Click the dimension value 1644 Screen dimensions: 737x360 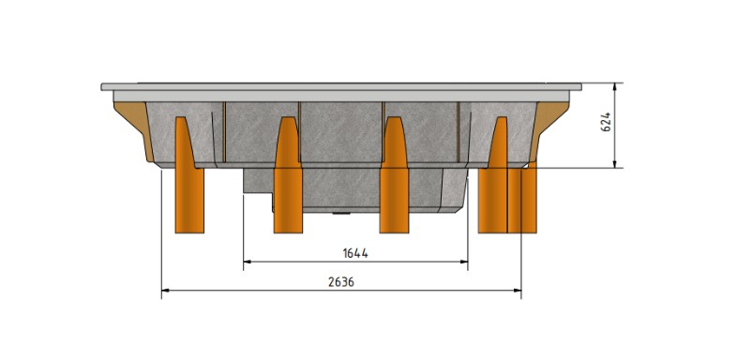click(x=355, y=253)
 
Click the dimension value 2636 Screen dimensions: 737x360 click(x=341, y=282)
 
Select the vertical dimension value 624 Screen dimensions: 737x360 click(x=606, y=122)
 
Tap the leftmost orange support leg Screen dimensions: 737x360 click(x=189, y=174)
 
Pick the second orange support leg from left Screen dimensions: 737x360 click(x=288, y=174)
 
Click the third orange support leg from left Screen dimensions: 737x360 click(x=394, y=174)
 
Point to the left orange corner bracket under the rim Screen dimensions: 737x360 click(x=133, y=127)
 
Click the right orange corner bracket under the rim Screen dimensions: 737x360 click(x=549, y=127)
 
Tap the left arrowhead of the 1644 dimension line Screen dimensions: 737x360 click(x=247, y=262)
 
